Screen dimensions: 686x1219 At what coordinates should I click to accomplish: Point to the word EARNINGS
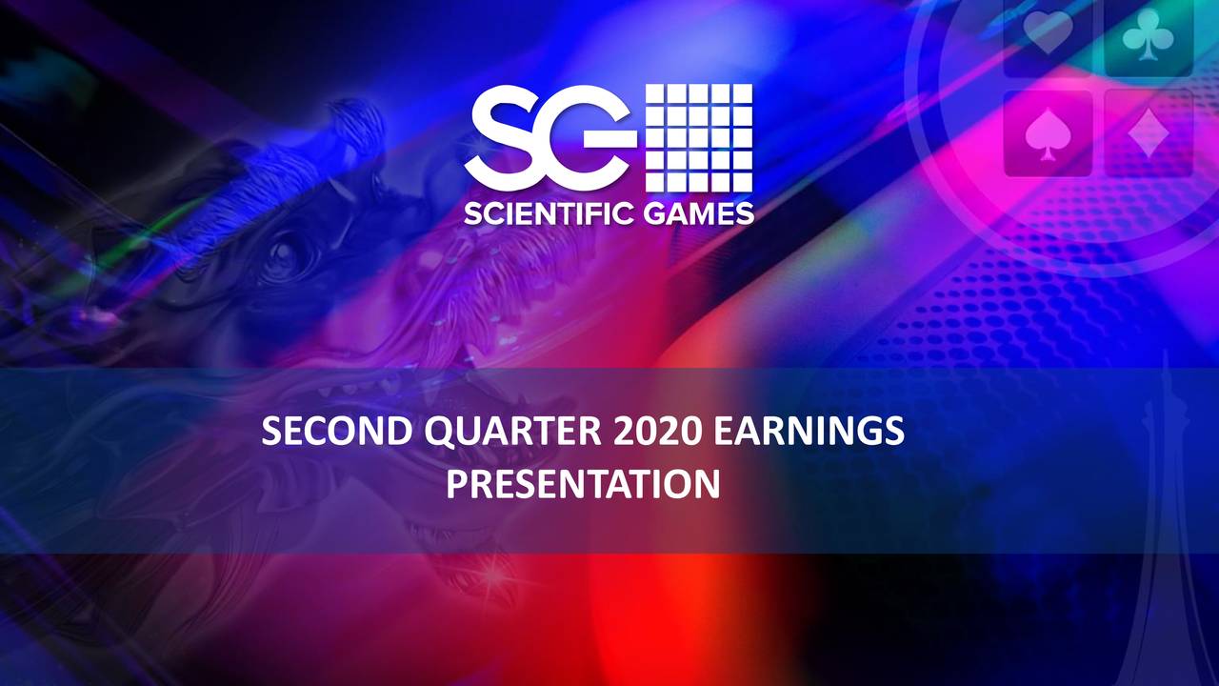808,434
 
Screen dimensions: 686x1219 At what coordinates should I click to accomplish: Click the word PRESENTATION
583,485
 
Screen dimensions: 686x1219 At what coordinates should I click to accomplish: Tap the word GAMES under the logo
693,213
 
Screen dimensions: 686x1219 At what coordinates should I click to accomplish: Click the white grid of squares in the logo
699,136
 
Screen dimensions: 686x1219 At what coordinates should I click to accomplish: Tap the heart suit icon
1047,36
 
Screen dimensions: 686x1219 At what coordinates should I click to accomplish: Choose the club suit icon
1147,36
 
